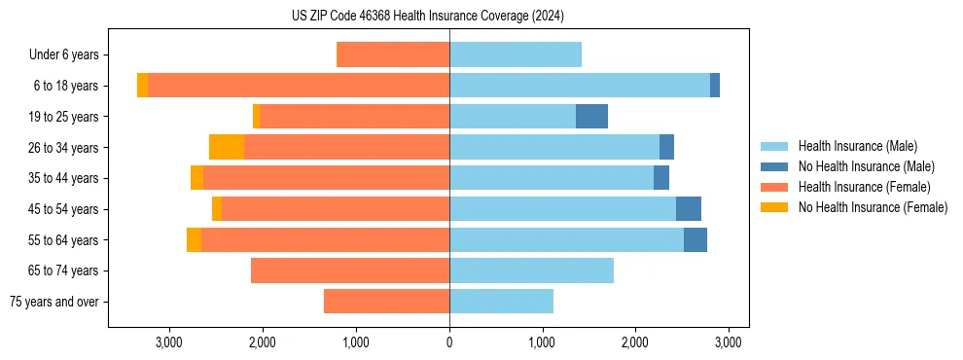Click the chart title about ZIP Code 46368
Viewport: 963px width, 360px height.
pos(428,16)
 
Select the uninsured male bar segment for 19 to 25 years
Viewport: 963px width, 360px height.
pos(591,117)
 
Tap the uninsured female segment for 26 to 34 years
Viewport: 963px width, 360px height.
pos(227,147)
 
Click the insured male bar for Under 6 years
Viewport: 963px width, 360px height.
pos(516,55)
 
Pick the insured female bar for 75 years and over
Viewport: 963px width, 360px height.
pos(386,302)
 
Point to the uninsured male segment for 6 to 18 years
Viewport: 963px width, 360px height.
pos(715,86)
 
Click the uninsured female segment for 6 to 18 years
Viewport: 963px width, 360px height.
pos(142,86)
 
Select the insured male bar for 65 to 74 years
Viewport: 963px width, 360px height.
pos(531,270)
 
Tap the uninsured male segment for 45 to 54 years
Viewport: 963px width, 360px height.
pos(689,209)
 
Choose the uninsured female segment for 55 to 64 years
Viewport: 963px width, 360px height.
pos(194,239)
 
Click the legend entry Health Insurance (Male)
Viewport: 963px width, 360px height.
pos(857,146)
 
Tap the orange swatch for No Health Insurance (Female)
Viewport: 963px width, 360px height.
pos(775,207)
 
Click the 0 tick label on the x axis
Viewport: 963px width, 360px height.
pos(449,342)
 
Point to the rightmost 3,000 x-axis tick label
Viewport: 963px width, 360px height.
pos(729,342)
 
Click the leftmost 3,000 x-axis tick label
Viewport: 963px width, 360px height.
pos(169,342)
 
